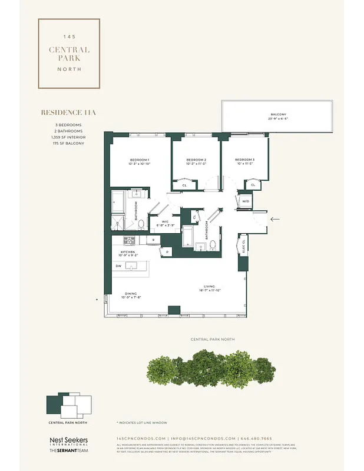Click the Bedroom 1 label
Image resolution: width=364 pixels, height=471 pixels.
140,160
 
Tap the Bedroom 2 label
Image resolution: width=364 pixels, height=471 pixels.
196,160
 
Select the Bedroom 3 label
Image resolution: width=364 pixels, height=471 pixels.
244,160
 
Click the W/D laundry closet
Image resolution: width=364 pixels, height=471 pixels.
245,201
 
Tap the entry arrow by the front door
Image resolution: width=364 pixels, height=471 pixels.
274,219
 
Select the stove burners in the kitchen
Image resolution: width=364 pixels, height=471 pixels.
129,240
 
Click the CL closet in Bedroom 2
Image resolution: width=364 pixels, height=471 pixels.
184,185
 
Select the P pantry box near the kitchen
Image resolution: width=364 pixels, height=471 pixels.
168,252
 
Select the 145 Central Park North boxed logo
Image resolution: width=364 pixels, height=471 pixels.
69,53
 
